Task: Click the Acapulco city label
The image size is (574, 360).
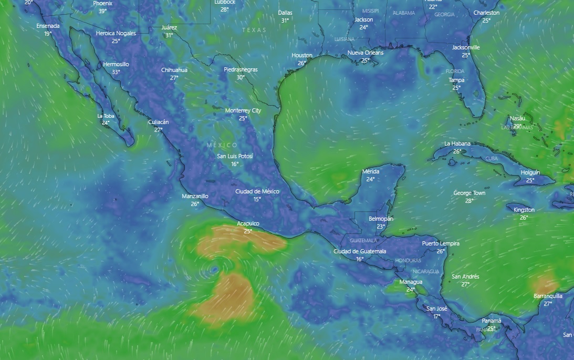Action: pyautogui.click(x=248, y=223)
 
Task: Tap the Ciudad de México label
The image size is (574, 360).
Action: pyautogui.click(x=257, y=191)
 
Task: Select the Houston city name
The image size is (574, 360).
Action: pyautogui.click(x=302, y=55)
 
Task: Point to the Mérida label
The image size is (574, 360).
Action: pyautogui.click(x=371, y=172)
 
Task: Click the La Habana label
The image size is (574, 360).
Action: pyautogui.click(x=457, y=143)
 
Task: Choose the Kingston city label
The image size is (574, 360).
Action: pyautogui.click(x=524, y=210)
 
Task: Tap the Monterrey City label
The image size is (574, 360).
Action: pyautogui.click(x=243, y=110)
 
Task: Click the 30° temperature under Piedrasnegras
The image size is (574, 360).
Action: pyautogui.click(x=241, y=77)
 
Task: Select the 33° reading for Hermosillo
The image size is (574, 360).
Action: pyautogui.click(x=116, y=72)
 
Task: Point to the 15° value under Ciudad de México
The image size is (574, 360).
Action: pyautogui.click(x=257, y=199)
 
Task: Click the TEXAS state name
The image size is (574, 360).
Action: pyautogui.click(x=254, y=30)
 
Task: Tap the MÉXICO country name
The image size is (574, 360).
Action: pyautogui.click(x=222, y=145)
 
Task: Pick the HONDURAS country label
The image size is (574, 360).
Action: pyautogui.click(x=408, y=261)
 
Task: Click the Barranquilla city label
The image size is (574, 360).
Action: pyautogui.click(x=548, y=296)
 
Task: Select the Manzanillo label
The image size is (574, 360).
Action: pyautogui.click(x=195, y=196)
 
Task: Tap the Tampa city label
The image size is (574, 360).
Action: pyautogui.click(x=456, y=80)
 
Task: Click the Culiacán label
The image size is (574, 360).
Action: pyautogui.click(x=159, y=122)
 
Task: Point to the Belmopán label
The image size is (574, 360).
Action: pyautogui.click(x=381, y=219)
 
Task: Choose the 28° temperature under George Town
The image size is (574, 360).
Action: pyautogui.click(x=469, y=201)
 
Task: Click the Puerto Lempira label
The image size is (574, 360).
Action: pyautogui.click(x=441, y=243)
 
